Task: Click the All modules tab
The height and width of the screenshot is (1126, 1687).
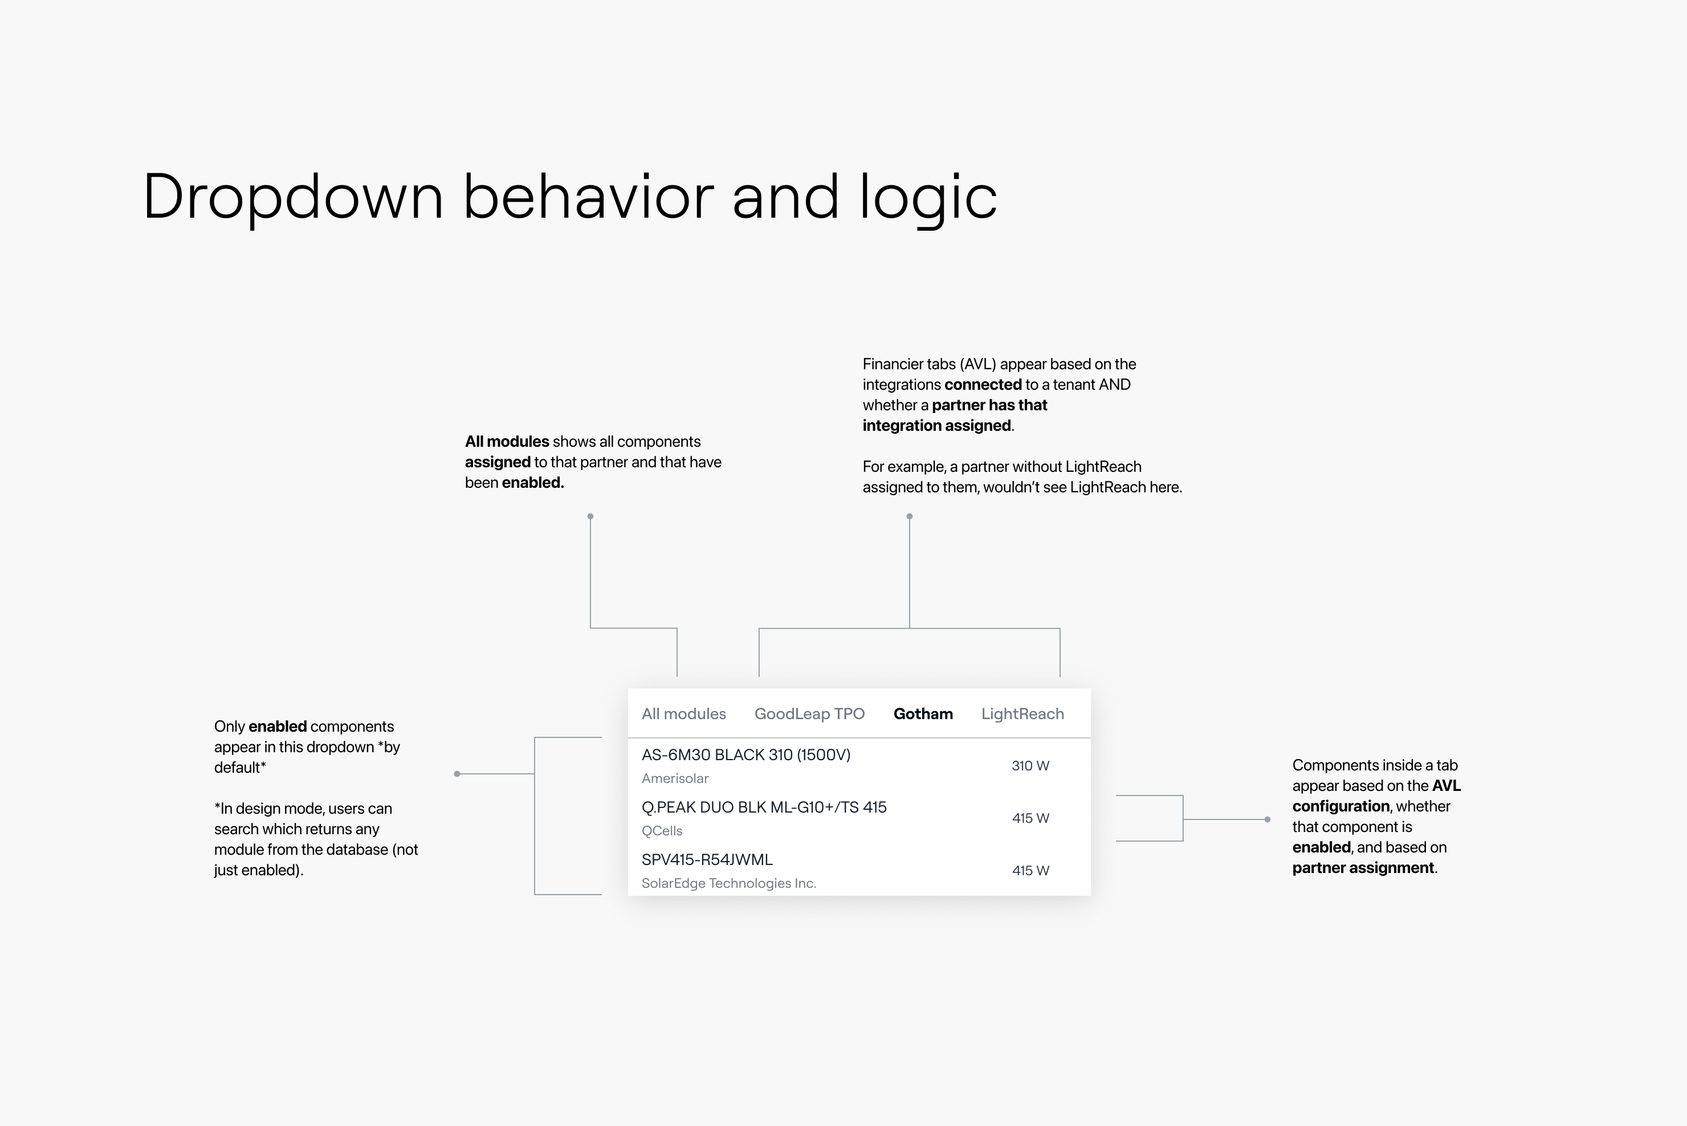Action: pyautogui.click(x=684, y=714)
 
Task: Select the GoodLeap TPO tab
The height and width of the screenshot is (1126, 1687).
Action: pyautogui.click(x=809, y=714)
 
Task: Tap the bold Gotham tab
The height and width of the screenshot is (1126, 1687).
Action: pyautogui.click(x=923, y=714)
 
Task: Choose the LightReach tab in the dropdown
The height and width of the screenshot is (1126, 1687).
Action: pyautogui.click(x=1022, y=714)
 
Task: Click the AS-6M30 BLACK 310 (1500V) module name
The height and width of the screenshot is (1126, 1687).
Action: pyautogui.click(x=745, y=754)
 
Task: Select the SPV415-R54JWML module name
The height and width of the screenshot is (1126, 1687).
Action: pyautogui.click(x=707, y=859)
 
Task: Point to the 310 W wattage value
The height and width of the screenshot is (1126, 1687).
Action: pyautogui.click(x=1030, y=765)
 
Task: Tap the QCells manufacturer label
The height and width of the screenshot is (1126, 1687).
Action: pyautogui.click(x=662, y=831)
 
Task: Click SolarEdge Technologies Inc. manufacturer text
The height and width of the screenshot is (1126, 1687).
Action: pyautogui.click(x=729, y=883)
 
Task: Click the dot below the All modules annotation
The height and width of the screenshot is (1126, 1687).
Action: pyautogui.click(x=590, y=516)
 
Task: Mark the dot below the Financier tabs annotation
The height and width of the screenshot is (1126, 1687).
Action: pyautogui.click(x=909, y=516)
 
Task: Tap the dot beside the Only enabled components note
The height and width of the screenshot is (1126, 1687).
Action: pyautogui.click(x=457, y=773)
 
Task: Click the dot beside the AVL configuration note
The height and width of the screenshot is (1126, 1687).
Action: pyautogui.click(x=1268, y=819)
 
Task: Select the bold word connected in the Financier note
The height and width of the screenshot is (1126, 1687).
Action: pyautogui.click(x=983, y=384)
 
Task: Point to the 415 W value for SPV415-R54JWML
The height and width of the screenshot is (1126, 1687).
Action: pyautogui.click(x=1030, y=870)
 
